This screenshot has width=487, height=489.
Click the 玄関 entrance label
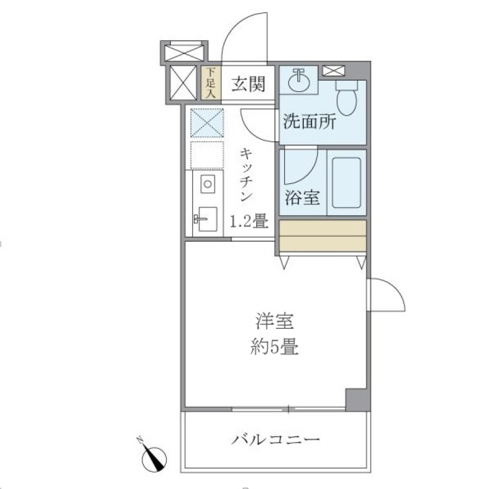(249, 84)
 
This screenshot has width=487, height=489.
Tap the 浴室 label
(302, 198)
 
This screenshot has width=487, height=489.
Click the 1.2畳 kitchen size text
(249, 221)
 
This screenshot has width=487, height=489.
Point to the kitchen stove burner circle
(207, 183)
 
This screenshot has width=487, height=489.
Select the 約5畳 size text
(274, 348)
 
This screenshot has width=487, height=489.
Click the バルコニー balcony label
(276, 439)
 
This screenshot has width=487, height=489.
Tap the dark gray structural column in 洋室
(357, 399)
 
